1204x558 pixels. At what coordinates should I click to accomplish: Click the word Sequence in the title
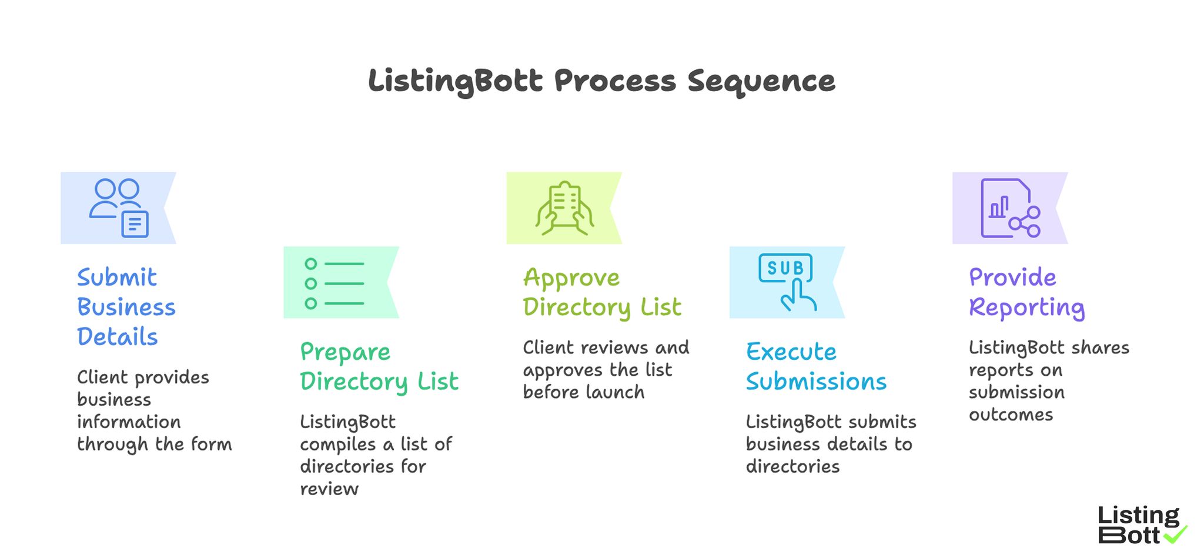coord(761,81)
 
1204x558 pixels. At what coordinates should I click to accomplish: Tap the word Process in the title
coord(614,81)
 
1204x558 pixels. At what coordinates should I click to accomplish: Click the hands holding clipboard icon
coord(564,208)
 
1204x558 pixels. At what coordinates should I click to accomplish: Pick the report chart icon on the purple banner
coord(1009,208)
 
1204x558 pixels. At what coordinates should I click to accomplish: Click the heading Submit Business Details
coord(126,307)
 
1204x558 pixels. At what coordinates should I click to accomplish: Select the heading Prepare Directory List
coord(379,367)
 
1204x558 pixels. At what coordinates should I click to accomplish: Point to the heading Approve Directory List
coord(602,292)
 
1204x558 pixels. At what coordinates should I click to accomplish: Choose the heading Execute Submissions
coord(816,367)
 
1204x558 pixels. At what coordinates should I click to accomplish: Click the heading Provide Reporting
coord(1026,292)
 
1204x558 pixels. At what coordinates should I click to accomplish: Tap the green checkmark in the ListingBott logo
coord(1175,534)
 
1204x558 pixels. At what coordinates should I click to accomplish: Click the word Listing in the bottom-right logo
coord(1138,516)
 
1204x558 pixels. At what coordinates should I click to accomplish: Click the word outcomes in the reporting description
coord(1011,415)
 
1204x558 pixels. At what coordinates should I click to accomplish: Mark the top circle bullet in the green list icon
coord(311,263)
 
